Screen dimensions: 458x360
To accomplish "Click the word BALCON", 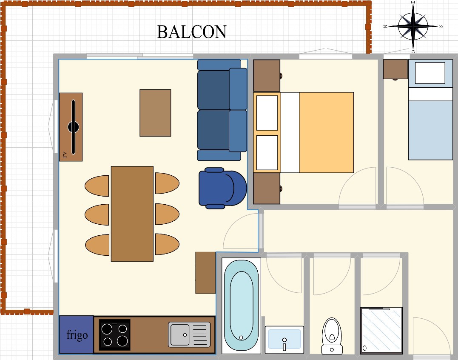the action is click(192, 32).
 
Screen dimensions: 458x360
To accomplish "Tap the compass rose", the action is click(413, 26).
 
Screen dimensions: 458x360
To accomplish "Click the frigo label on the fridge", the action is click(77, 335).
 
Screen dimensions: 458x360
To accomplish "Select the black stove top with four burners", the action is click(114, 334).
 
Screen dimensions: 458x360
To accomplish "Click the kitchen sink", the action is click(189, 334).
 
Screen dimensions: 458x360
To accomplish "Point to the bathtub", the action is click(241, 306).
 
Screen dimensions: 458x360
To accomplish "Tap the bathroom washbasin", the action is click(284, 340).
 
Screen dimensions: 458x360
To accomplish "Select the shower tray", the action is click(381, 330).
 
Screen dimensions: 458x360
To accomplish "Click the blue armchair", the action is click(222, 188).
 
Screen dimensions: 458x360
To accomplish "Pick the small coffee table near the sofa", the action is click(155, 113).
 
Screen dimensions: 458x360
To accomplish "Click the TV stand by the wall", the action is click(71, 127).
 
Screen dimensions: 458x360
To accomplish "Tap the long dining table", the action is click(132, 214).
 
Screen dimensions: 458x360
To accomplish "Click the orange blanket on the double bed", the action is click(326, 132).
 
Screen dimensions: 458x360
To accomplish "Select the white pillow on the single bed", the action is click(430, 72).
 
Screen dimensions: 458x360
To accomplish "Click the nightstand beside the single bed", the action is click(395, 69).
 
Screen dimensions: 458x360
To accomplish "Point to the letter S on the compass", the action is click(441, 26).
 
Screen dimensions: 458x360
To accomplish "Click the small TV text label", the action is click(65, 154).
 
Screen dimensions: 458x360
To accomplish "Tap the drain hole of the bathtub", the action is click(241, 337).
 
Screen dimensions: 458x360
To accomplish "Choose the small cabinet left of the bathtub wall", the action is click(205, 273).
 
